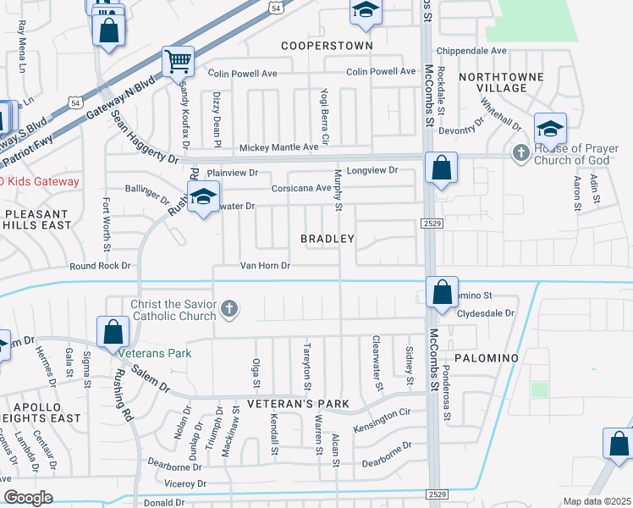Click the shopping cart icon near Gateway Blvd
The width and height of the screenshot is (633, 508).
(179, 60)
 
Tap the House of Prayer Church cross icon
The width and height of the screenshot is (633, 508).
(521, 153)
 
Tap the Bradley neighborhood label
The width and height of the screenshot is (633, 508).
(328, 240)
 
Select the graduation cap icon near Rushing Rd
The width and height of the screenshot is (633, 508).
(202, 198)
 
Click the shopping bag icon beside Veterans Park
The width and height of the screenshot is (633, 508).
(113, 333)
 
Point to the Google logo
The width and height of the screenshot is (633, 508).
(28, 498)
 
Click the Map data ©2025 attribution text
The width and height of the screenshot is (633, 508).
(596, 501)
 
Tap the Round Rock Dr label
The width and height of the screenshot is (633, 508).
(102, 266)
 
